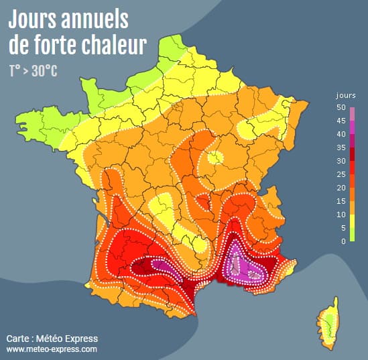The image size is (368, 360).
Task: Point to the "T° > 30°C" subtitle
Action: tap(33, 70)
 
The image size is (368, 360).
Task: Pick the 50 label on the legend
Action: tap(341, 107)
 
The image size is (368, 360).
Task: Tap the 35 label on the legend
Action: tap(341, 147)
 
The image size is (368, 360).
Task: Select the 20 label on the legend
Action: tap(341, 188)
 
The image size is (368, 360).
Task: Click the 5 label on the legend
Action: tap(343, 228)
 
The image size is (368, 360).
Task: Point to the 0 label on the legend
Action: tap(343, 241)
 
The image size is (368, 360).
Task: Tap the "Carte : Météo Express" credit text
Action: tap(52, 338)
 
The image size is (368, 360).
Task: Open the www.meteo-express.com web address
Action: tap(52, 349)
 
